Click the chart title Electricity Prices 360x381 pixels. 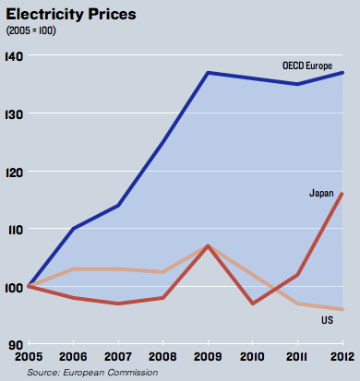coord(71,15)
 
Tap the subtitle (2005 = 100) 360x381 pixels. coord(31,30)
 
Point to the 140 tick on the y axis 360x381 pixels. coord(14,56)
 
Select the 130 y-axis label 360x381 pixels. coord(14,114)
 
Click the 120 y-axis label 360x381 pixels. coord(14,173)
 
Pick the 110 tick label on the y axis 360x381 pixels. coord(16,230)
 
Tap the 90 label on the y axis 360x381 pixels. coord(16,345)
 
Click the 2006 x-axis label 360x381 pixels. coord(73,357)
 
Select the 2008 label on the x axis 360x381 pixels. coord(162,357)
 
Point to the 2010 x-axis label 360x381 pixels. coord(252,357)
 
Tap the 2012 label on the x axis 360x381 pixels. coord(342,357)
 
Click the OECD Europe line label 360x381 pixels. coord(307,65)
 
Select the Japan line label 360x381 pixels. coord(321,193)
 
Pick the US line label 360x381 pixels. coord(328,320)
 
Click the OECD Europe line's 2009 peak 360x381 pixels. coord(208,73)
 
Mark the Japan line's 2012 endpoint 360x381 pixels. coord(342,194)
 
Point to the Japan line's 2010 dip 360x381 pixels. coord(253,304)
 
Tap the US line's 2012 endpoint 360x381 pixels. coord(342,309)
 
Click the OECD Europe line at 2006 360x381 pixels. coord(74,229)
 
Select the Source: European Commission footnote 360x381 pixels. coord(92,373)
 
